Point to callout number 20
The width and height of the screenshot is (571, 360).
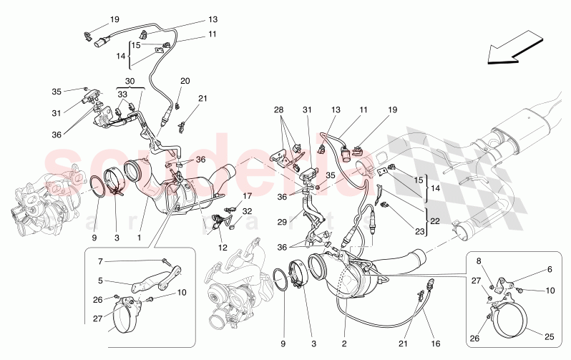pyautogui.click(x=185, y=81)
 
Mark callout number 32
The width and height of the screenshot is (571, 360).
pyautogui.click(x=248, y=211)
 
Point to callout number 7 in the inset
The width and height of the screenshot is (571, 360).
pyautogui.click(x=100, y=262)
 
